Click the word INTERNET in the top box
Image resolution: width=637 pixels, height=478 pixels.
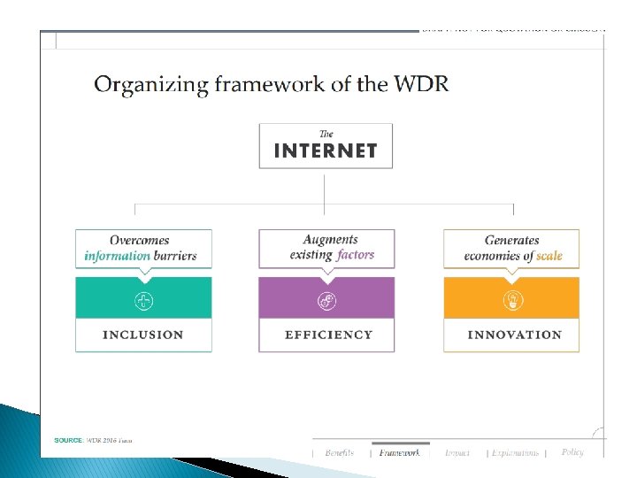(326, 151)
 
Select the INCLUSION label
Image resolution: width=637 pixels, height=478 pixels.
(143, 335)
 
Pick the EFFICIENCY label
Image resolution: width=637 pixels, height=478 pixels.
(328, 335)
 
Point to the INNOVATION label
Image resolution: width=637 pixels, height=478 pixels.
(514, 335)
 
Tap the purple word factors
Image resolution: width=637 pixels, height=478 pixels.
(356, 255)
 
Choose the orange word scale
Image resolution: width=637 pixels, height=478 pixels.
(549, 257)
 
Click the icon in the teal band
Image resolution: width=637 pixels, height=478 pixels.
(143, 301)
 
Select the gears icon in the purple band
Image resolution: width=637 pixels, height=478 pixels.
(326, 301)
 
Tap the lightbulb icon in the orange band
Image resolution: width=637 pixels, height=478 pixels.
(511, 301)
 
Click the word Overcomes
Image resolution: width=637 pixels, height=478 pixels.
(140, 240)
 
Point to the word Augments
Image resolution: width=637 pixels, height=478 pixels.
(330, 239)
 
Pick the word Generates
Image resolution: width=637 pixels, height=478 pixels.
(511, 240)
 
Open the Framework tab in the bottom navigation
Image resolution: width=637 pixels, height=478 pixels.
(399, 452)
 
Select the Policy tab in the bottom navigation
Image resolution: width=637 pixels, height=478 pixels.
(572, 451)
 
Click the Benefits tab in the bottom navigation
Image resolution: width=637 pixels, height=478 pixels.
(339, 452)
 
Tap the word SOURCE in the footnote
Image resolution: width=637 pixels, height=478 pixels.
(67, 440)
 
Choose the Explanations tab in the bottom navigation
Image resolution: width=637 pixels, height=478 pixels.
(515, 452)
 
